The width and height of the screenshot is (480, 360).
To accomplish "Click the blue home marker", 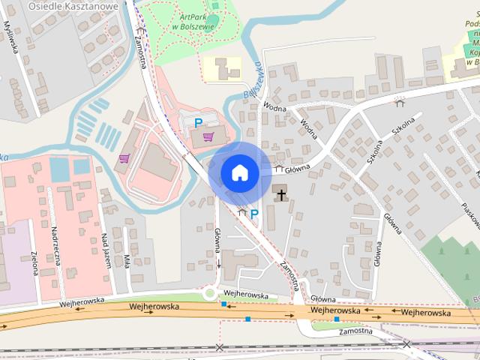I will (x=239, y=172).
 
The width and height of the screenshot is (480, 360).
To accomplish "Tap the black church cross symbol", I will (x=281, y=195).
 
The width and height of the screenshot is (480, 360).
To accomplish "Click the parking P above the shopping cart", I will (x=199, y=122).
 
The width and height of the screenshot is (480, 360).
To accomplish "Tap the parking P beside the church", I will (x=254, y=214).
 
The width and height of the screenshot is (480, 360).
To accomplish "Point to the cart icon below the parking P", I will (x=208, y=136).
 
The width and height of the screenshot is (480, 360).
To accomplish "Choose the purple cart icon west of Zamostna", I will (x=124, y=158).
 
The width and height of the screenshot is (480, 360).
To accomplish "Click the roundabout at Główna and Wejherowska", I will (x=210, y=295).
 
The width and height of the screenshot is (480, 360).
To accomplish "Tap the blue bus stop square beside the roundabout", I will (x=223, y=304).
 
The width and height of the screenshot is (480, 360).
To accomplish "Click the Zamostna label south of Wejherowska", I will (x=355, y=331).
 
